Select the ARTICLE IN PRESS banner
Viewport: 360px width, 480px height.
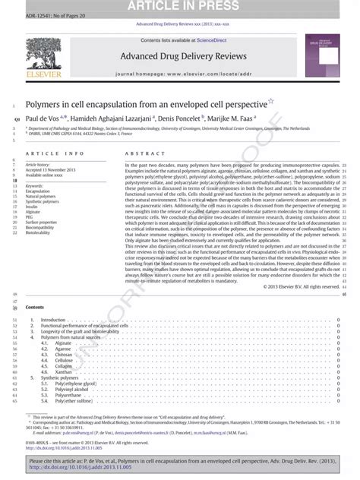point(180,6)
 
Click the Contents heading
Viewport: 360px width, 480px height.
point(35,285)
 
